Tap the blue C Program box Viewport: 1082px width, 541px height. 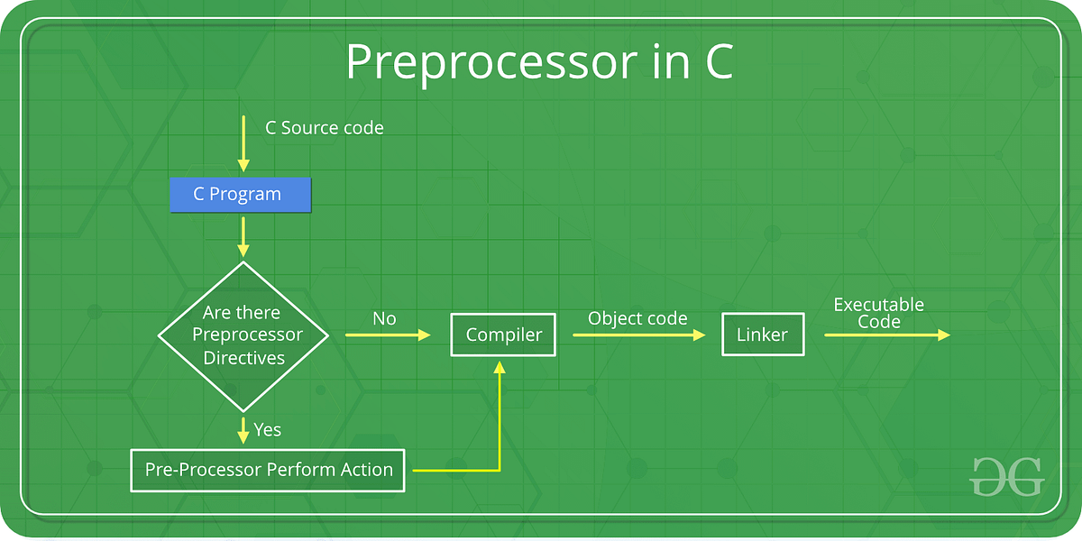(x=240, y=195)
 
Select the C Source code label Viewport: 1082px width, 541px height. (x=324, y=128)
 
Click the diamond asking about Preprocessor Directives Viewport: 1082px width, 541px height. (x=243, y=335)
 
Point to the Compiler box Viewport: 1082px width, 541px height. (x=503, y=335)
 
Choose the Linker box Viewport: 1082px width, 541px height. (x=762, y=335)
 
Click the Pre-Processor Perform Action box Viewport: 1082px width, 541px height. (x=268, y=470)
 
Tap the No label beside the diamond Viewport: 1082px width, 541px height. (x=384, y=318)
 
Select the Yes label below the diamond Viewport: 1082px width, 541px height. (x=268, y=429)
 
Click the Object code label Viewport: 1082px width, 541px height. (x=637, y=318)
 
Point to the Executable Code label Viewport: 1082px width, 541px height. (x=878, y=313)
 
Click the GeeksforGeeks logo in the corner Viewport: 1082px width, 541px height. (x=1006, y=476)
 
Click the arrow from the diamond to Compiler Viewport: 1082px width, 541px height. (x=388, y=335)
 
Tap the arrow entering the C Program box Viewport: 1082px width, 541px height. (x=243, y=144)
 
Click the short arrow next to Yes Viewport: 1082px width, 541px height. (x=243, y=429)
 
